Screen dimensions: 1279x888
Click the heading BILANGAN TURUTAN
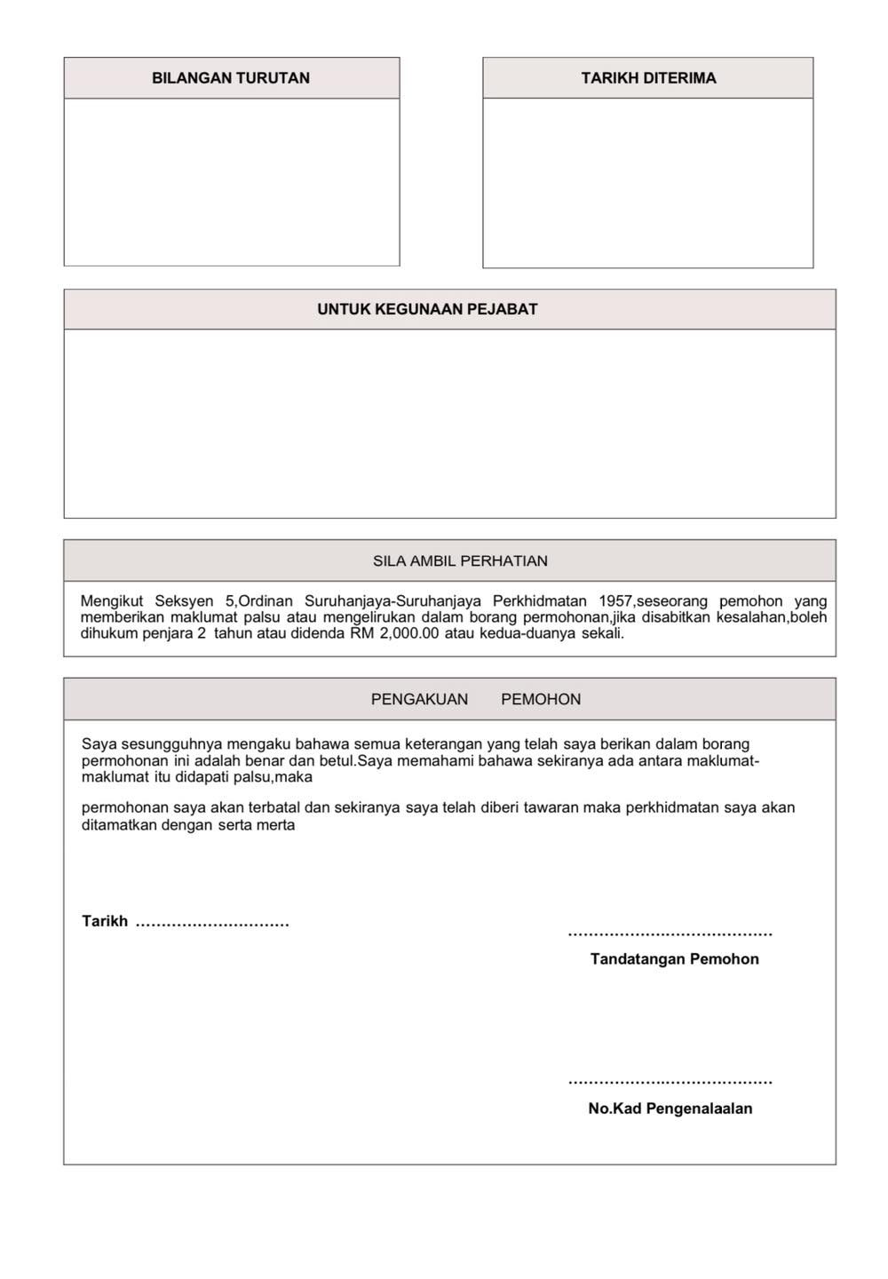point(231,78)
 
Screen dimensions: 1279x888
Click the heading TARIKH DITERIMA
point(648,78)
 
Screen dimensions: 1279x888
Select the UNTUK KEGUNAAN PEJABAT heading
point(427,309)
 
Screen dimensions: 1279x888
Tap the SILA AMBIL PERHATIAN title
point(460,561)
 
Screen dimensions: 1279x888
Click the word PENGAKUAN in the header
point(419,700)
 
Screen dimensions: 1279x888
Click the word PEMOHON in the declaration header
point(541,700)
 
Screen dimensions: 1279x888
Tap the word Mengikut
point(112,601)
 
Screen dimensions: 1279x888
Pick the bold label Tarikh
point(105,921)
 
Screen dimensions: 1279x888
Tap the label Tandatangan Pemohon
point(674,959)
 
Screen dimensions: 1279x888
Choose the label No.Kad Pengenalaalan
point(670,1108)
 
